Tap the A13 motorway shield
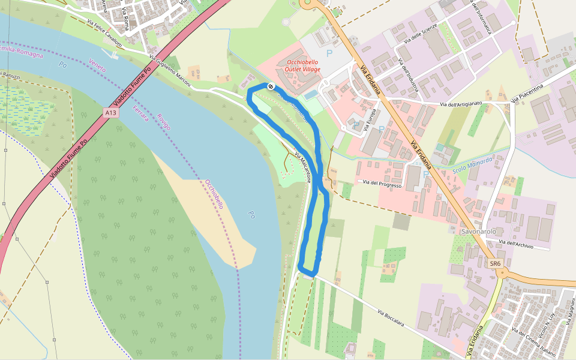pyautogui.click(x=110, y=113)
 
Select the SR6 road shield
pyautogui.click(x=494, y=263)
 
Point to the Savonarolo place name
pyautogui.click(x=478, y=231)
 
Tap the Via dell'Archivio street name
pyautogui.click(x=516, y=242)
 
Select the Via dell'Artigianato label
pyautogui.click(x=461, y=104)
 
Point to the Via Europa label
pyautogui.click(x=370, y=120)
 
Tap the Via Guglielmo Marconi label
pyautogui.click(x=170, y=72)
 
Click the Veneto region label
pyautogui.click(x=97, y=65)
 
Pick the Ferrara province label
pyautogui.click(x=140, y=114)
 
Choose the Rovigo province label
pyautogui.click(x=163, y=121)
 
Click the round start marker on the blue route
pyautogui.click(x=271, y=86)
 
